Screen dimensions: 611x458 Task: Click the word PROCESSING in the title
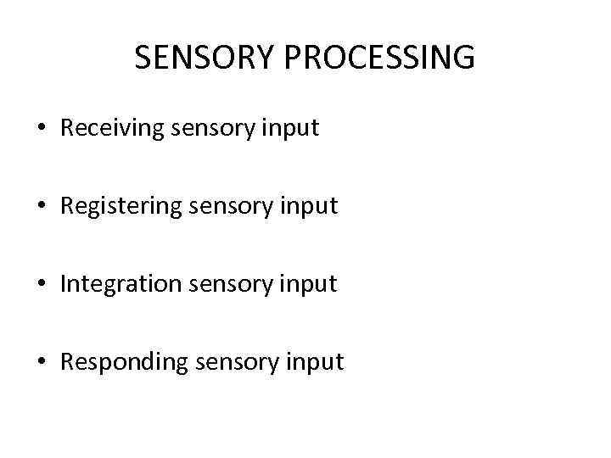380,58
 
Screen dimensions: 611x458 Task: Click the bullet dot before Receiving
42,129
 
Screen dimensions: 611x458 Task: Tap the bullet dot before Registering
42,206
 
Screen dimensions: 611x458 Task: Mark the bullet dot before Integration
42,284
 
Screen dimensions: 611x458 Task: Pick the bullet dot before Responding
42,362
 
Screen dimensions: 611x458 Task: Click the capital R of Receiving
67,129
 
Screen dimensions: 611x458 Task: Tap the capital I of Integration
63,284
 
